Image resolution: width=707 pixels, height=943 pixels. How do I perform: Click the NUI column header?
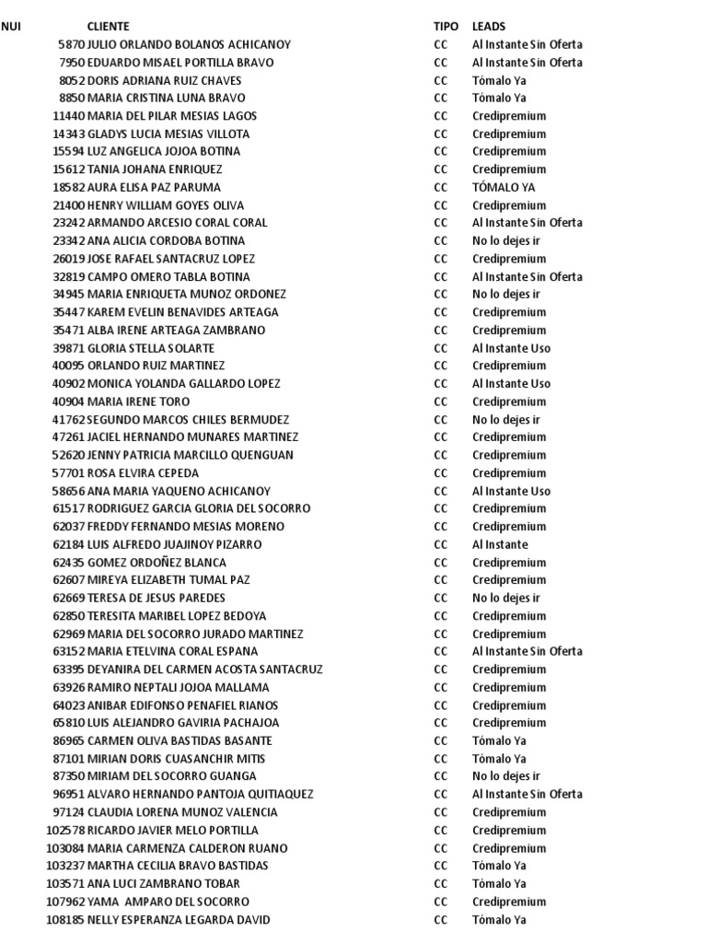pos(11,27)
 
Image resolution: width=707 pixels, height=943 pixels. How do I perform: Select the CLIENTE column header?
pos(108,27)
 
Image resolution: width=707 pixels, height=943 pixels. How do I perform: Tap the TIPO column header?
pos(446,27)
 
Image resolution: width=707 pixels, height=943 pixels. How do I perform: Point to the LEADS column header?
pos(489,27)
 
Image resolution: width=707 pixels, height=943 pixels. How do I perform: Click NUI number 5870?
pos(70,44)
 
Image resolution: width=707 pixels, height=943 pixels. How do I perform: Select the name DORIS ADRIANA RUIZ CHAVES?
pos(164,80)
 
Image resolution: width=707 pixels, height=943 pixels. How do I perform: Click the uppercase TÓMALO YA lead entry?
pos(504,188)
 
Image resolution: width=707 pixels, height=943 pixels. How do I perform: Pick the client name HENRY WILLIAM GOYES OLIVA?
pos(166,205)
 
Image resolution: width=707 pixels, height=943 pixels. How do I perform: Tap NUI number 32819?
pos(68,277)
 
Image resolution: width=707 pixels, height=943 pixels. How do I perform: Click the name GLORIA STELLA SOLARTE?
pos(151,348)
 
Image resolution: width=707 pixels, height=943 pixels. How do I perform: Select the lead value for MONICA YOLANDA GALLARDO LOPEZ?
pos(511,384)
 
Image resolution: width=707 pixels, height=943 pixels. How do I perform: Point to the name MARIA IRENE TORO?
pos(138,402)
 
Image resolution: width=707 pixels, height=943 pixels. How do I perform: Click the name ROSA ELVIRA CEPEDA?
pos(143,473)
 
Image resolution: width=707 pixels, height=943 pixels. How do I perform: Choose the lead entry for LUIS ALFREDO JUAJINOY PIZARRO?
pos(500,544)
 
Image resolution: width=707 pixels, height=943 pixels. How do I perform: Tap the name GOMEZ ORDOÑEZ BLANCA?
pos(156,563)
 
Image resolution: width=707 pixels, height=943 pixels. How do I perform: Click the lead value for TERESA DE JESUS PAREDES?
pos(506,599)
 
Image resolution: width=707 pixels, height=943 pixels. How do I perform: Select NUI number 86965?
pos(68,741)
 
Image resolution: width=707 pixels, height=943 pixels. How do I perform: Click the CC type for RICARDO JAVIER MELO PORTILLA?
pos(441,831)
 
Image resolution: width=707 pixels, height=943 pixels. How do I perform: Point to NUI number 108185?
pos(65,920)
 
